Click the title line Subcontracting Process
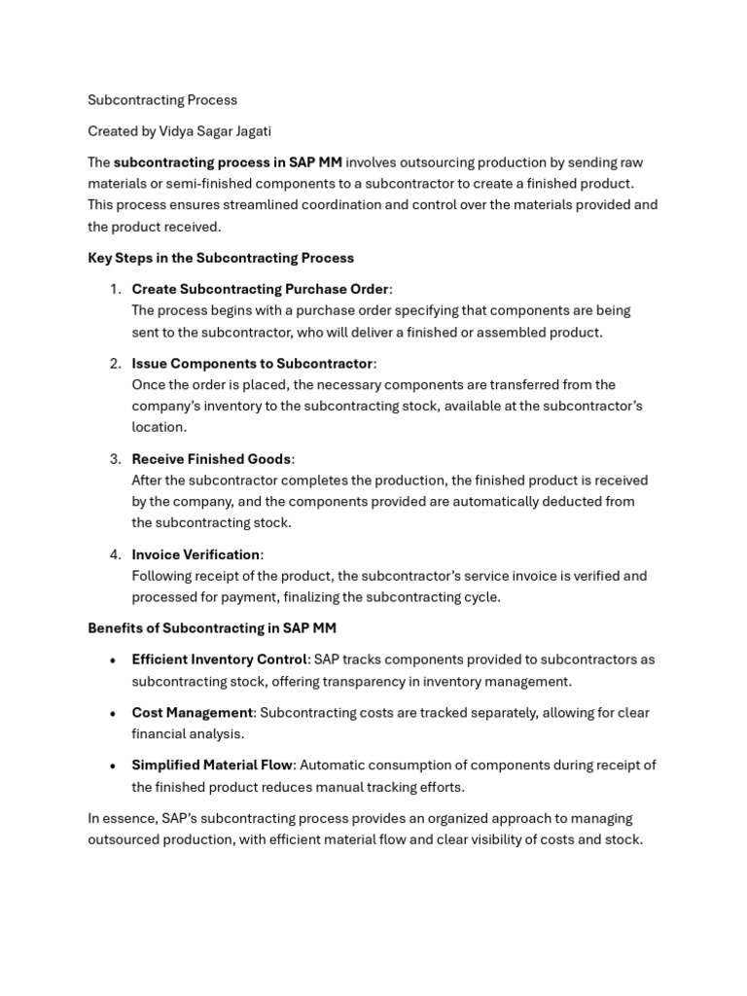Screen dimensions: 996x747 pos(162,100)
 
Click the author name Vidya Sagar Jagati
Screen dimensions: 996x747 pos(215,131)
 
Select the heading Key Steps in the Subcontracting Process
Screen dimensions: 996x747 pos(221,258)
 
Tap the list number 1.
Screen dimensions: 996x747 pos(114,289)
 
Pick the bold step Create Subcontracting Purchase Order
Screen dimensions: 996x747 pos(261,289)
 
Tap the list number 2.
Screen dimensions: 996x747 pos(114,363)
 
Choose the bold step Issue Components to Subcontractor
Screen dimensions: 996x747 pos(252,363)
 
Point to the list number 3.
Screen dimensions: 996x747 pos(114,458)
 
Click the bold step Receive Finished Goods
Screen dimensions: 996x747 pos(211,458)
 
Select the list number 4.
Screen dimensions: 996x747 pos(114,554)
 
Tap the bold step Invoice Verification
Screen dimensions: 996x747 pos(196,554)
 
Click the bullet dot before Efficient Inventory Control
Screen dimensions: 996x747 pos(114,660)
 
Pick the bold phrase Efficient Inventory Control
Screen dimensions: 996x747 pos(220,659)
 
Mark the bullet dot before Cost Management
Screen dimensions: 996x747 pos(114,714)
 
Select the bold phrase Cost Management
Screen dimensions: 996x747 pos(193,713)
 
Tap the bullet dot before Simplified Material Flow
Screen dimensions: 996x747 pos(114,766)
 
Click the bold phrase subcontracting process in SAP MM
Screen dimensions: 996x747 pos(228,162)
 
